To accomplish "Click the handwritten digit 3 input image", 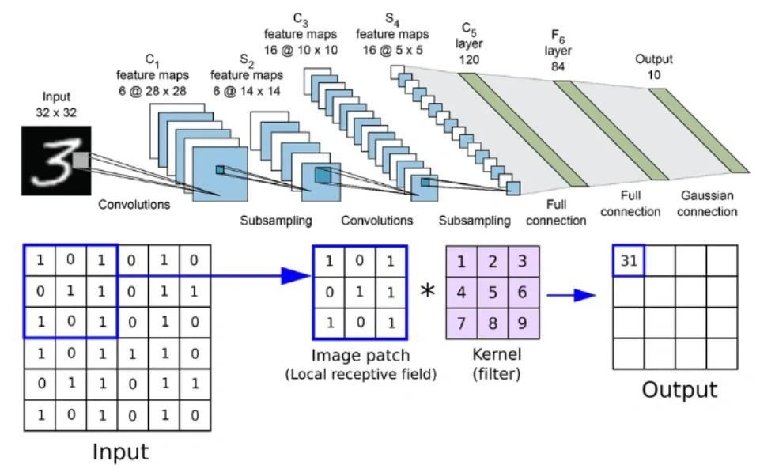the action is coord(56,161).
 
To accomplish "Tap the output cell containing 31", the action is coord(629,261).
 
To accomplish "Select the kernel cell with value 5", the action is coord(493,293).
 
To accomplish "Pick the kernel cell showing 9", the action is coord(524,323).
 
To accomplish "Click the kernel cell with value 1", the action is coord(461,262).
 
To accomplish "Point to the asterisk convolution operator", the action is coord(427,291).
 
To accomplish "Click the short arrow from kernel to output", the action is coord(571,295).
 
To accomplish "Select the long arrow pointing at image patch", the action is coord(214,276).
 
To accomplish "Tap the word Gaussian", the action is coord(707,195).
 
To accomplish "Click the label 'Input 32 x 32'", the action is coord(56,104).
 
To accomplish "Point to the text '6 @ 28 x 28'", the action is coord(152,91).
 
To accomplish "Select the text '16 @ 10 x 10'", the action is coord(301,50).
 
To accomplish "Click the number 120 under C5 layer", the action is coord(469,59).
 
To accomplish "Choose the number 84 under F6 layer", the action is coord(558,66).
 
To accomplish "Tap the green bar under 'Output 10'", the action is coord(699,130).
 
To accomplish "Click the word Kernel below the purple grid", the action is coord(497,354).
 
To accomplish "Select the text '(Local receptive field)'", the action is coord(361,374).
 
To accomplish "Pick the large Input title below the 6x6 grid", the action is coord(121,452).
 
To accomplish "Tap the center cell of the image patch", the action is coord(360,293).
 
